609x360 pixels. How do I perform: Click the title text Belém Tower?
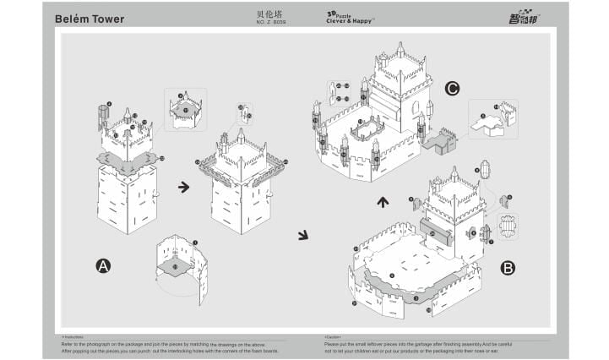click(x=90, y=19)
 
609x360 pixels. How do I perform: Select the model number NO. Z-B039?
click(x=271, y=22)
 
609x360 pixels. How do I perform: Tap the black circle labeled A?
click(x=103, y=266)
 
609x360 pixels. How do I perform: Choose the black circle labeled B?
click(x=508, y=268)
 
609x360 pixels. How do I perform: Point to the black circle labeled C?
click(x=452, y=87)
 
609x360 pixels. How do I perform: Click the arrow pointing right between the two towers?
click(x=183, y=187)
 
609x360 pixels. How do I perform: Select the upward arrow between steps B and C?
click(x=383, y=202)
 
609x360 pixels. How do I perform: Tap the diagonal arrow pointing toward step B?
click(x=303, y=235)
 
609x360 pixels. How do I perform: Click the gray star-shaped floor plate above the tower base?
click(x=127, y=161)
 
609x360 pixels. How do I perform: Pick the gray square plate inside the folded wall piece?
click(x=176, y=267)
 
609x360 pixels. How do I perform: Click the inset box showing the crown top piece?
click(x=186, y=108)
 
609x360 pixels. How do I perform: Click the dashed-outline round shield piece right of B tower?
click(x=508, y=226)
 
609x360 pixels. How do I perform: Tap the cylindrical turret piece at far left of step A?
click(x=105, y=116)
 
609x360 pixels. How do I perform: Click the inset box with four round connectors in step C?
click(x=342, y=93)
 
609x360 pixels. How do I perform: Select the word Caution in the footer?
click(x=333, y=336)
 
